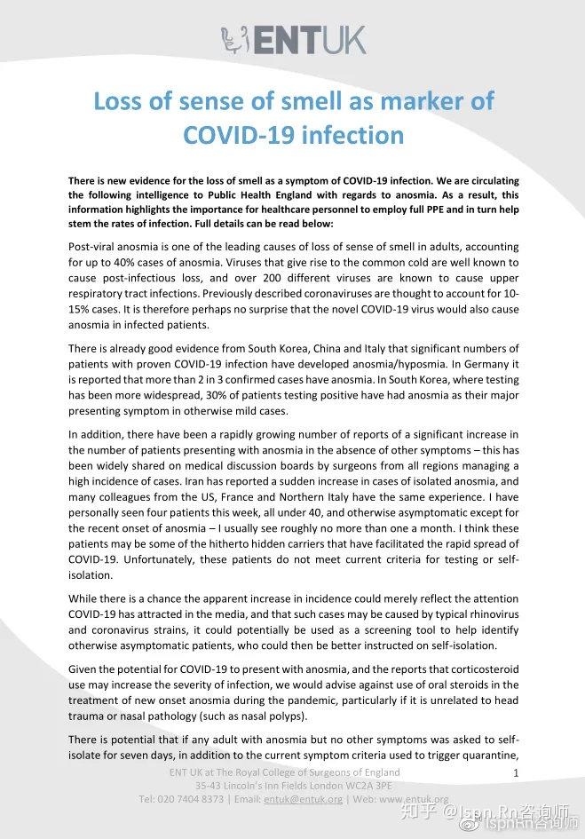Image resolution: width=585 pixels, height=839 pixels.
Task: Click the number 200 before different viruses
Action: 293,278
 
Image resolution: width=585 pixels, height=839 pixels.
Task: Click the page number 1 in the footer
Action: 516,774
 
